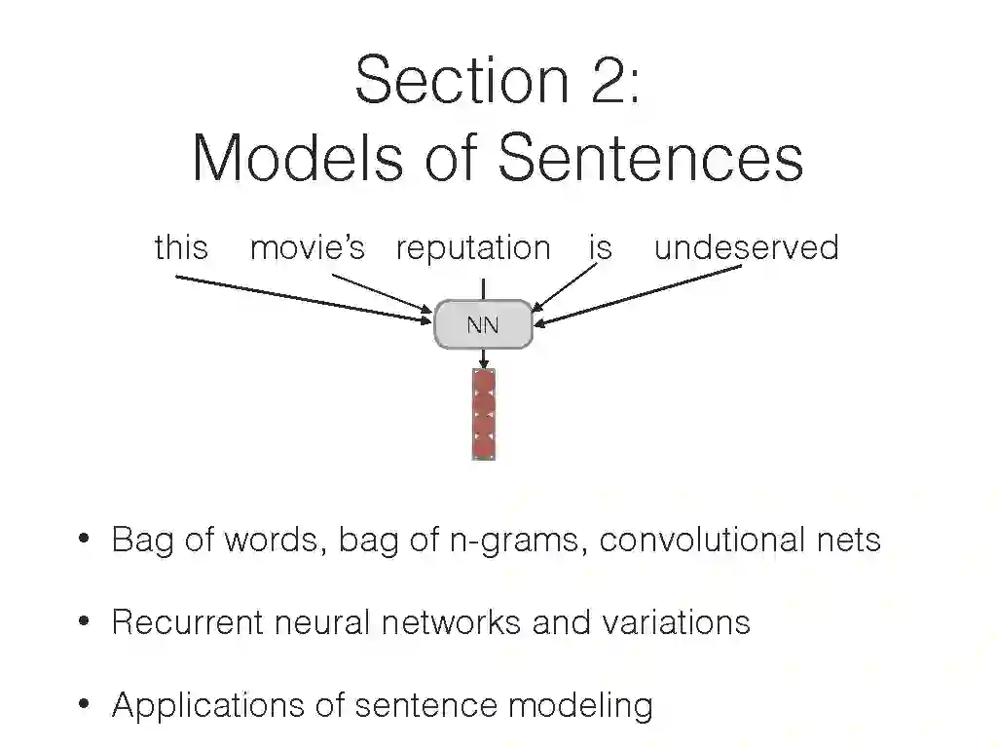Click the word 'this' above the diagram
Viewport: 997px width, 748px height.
(x=181, y=247)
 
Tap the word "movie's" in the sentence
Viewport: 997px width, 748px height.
(x=307, y=247)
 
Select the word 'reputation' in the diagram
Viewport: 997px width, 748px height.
(x=473, y=248)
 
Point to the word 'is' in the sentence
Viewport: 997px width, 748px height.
(x=600, y=247)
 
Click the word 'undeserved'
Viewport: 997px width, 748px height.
(x=746, y=247)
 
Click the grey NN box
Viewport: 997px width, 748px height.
(x=483, y=324)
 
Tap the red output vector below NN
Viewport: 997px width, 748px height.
(x=484, y=414)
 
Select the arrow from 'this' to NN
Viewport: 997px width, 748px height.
(x=302, y=296)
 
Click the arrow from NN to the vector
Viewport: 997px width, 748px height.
(x=484, y=358)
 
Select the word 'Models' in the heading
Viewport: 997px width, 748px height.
(x=296, y=158)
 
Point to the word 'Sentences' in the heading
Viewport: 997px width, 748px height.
(x=651, y=158)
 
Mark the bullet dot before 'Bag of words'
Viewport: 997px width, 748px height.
(x=84, y=539)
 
